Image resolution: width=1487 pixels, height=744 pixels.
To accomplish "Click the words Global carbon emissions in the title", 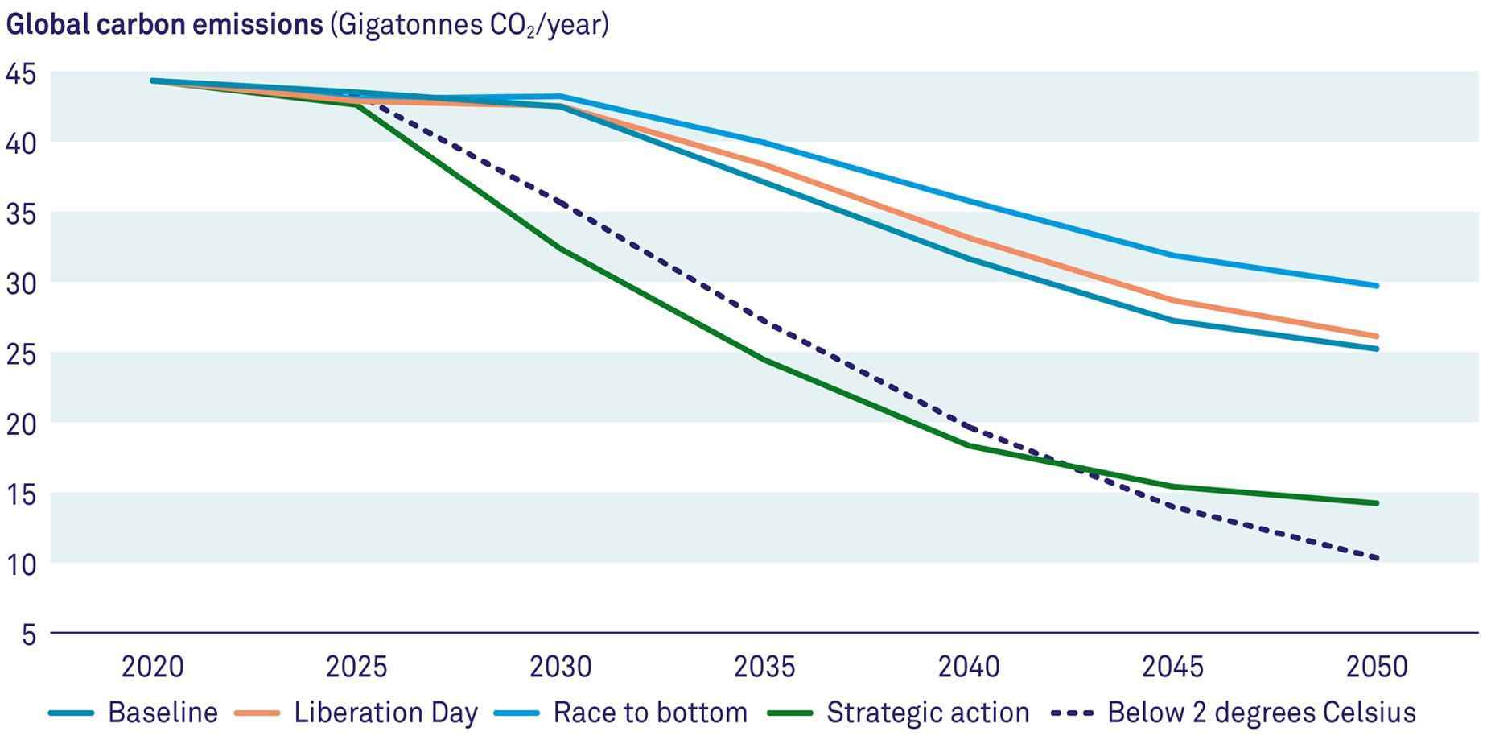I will click(164, 24).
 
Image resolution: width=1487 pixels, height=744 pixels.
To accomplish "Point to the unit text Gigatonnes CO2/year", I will click(469, 24).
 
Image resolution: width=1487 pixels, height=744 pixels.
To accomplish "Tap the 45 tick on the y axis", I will click(21, 74).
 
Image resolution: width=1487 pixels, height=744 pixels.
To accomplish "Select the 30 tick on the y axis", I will click(21, 283).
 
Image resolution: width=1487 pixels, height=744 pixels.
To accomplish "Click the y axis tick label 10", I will click(21, 564).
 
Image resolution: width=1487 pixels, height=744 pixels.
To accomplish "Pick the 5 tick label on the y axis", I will click(28, 634).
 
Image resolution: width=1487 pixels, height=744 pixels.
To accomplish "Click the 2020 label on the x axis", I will click(153, 667).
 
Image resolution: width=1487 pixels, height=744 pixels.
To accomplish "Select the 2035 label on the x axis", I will click(764, 667).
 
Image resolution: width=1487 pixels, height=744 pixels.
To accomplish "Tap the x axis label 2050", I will click(1377, 667).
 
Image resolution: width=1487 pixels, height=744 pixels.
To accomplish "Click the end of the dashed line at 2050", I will click(1377, 557).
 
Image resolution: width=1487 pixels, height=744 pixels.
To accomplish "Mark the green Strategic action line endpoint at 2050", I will click(1377, 503).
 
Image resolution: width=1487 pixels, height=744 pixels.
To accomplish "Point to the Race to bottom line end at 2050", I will click(1377, 286).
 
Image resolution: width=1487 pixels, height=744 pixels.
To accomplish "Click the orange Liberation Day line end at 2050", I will click(1377, 336).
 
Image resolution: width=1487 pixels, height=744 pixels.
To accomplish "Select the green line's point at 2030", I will click(561, 249).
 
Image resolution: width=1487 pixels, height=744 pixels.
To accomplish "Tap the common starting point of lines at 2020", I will click(153, 81).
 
